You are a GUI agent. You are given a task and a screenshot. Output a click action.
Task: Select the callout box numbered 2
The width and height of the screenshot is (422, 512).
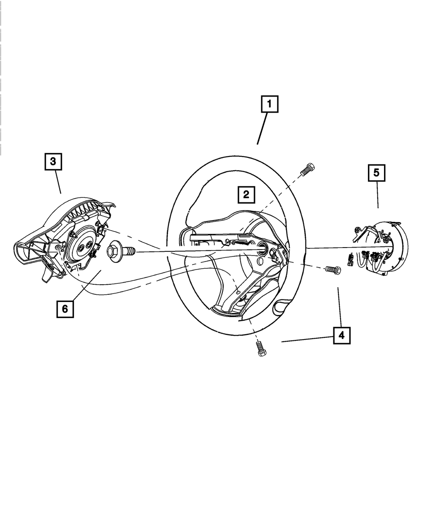click(246, 194)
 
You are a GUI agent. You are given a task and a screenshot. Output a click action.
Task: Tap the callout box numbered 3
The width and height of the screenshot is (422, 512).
click(53, 161)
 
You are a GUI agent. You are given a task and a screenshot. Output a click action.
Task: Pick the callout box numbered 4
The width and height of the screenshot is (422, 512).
click(341, 336)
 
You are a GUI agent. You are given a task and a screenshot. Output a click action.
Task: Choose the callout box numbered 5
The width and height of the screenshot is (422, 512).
click(376, 172)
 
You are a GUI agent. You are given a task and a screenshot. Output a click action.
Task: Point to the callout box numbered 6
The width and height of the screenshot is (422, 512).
click(65, 309)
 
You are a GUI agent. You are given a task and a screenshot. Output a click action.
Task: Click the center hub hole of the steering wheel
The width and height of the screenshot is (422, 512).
click(260, 250)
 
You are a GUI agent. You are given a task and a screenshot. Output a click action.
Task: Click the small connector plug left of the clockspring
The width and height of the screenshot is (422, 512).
click(350, 260)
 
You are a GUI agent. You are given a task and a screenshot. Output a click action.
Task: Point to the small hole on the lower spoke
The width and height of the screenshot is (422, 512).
click(238, 292)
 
